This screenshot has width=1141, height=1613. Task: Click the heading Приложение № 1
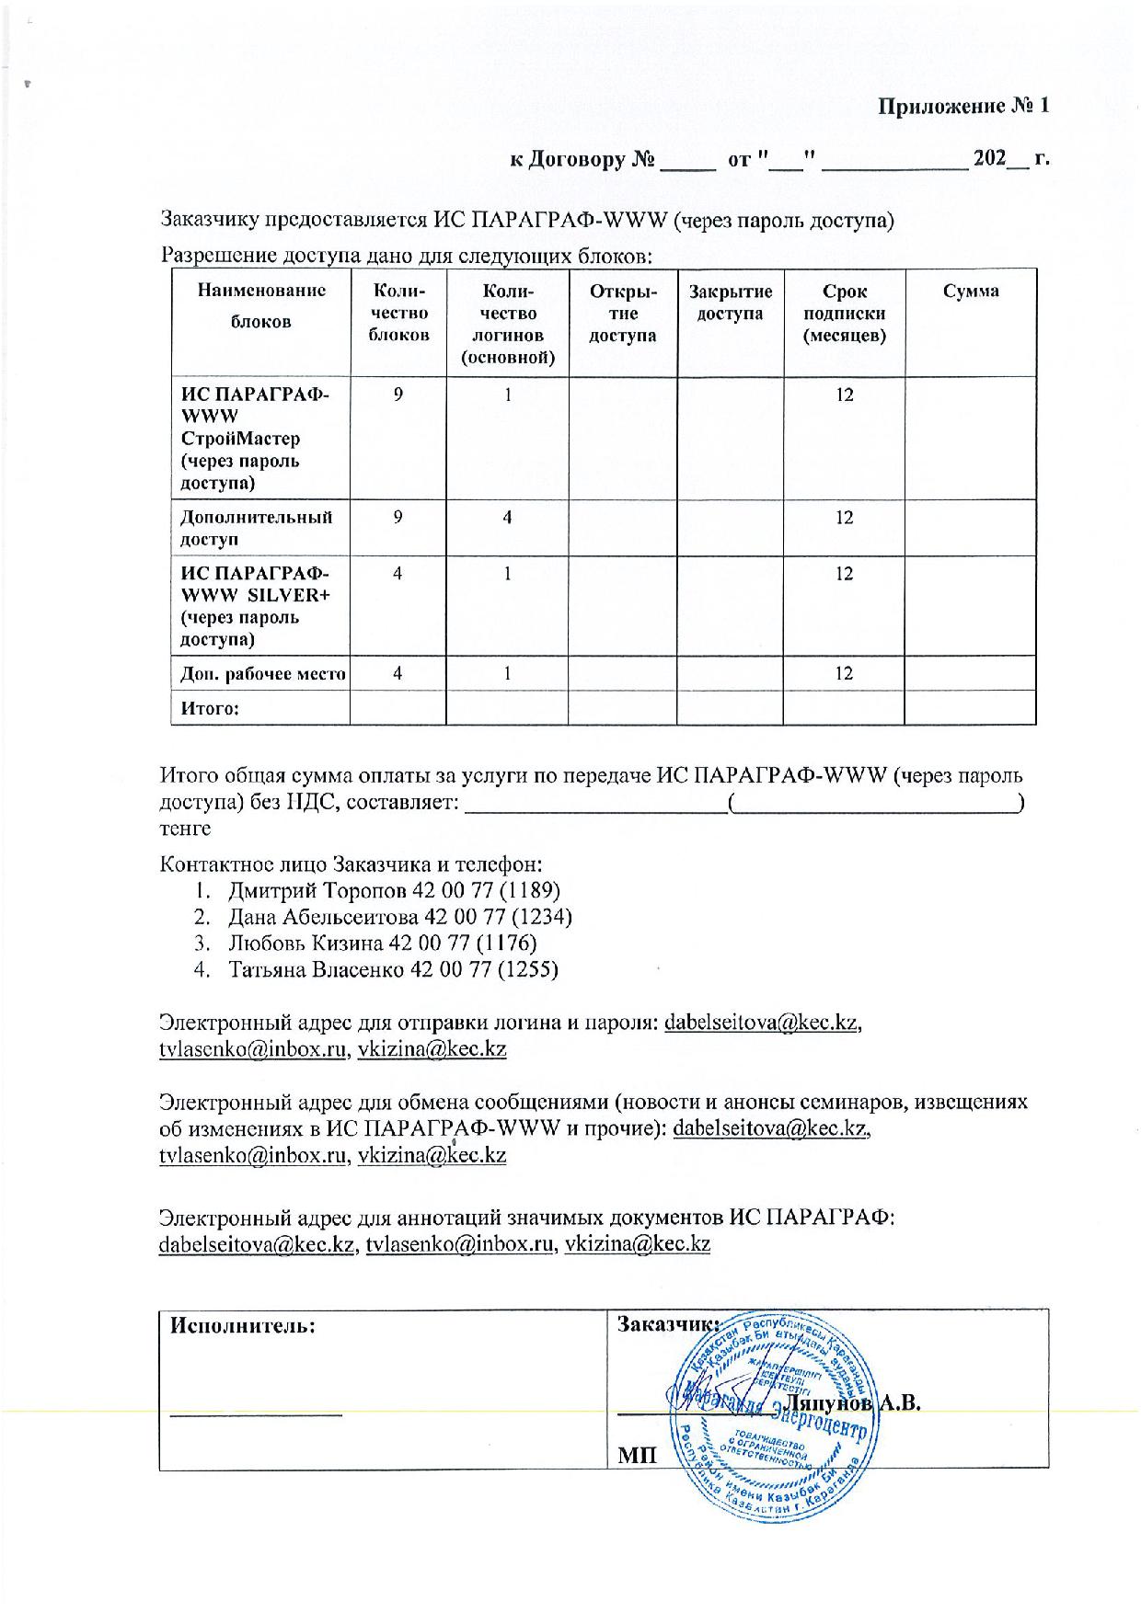coord(962,106)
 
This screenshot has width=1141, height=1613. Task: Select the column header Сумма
coord(971,292)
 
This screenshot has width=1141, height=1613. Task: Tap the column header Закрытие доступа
coord(731,303)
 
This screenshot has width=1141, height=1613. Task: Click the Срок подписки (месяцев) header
coord(844,314)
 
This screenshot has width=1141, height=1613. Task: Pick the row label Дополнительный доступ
coord(256,528)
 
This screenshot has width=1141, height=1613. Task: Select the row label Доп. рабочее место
coord(262,673)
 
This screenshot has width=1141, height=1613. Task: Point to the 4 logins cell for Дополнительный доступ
coord(507,518)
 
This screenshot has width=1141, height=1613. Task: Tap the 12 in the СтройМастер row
coord(844,395)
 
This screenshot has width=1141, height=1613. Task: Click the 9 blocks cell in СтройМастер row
coord(398,395)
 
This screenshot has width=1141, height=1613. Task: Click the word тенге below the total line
coord(185,829)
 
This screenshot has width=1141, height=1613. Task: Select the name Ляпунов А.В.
coord(854,1403)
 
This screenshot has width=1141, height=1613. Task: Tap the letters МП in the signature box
coord(638,1455)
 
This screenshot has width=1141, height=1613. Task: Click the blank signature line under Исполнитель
coord(257,1409)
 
